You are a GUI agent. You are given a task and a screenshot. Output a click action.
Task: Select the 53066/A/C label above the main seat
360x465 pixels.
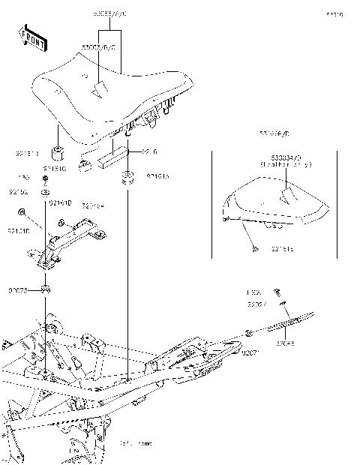coord(110,14)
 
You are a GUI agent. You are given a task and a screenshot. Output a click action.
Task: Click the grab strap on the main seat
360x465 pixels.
coord(99,91)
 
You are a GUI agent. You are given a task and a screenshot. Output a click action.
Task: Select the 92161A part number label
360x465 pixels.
coord(157,177)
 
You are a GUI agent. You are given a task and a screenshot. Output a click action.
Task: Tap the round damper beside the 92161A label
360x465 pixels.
coord(129,179)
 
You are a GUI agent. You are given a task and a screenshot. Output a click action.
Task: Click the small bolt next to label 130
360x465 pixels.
coord(46,180)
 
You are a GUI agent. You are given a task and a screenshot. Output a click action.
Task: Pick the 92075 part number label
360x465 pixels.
coord(19,289)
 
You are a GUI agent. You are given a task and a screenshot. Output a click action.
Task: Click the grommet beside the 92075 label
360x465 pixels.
coord(46,289)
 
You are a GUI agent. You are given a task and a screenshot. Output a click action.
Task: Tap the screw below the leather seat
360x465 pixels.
coord(255,247)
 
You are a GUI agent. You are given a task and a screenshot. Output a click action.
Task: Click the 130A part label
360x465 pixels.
coord(253,292)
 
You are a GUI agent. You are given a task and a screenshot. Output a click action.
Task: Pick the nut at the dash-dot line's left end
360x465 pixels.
coord(247,331)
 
